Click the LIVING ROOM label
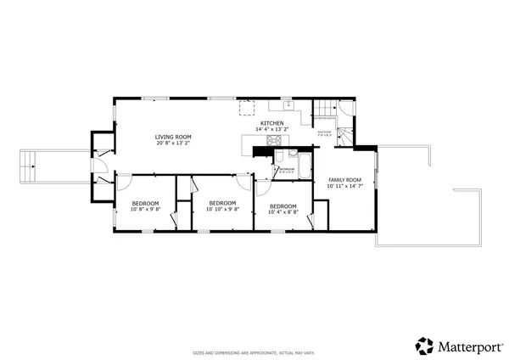pos(172,137)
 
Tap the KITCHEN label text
pos(272,123)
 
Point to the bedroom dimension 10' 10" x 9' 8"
pos(222,210)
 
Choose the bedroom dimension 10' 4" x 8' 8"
pos(282,212)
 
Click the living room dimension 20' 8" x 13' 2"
pos(172,143)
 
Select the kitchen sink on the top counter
pos(288,106)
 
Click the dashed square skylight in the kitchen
pos(246,107)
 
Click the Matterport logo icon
pos(424,346)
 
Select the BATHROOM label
pos(287,169)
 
